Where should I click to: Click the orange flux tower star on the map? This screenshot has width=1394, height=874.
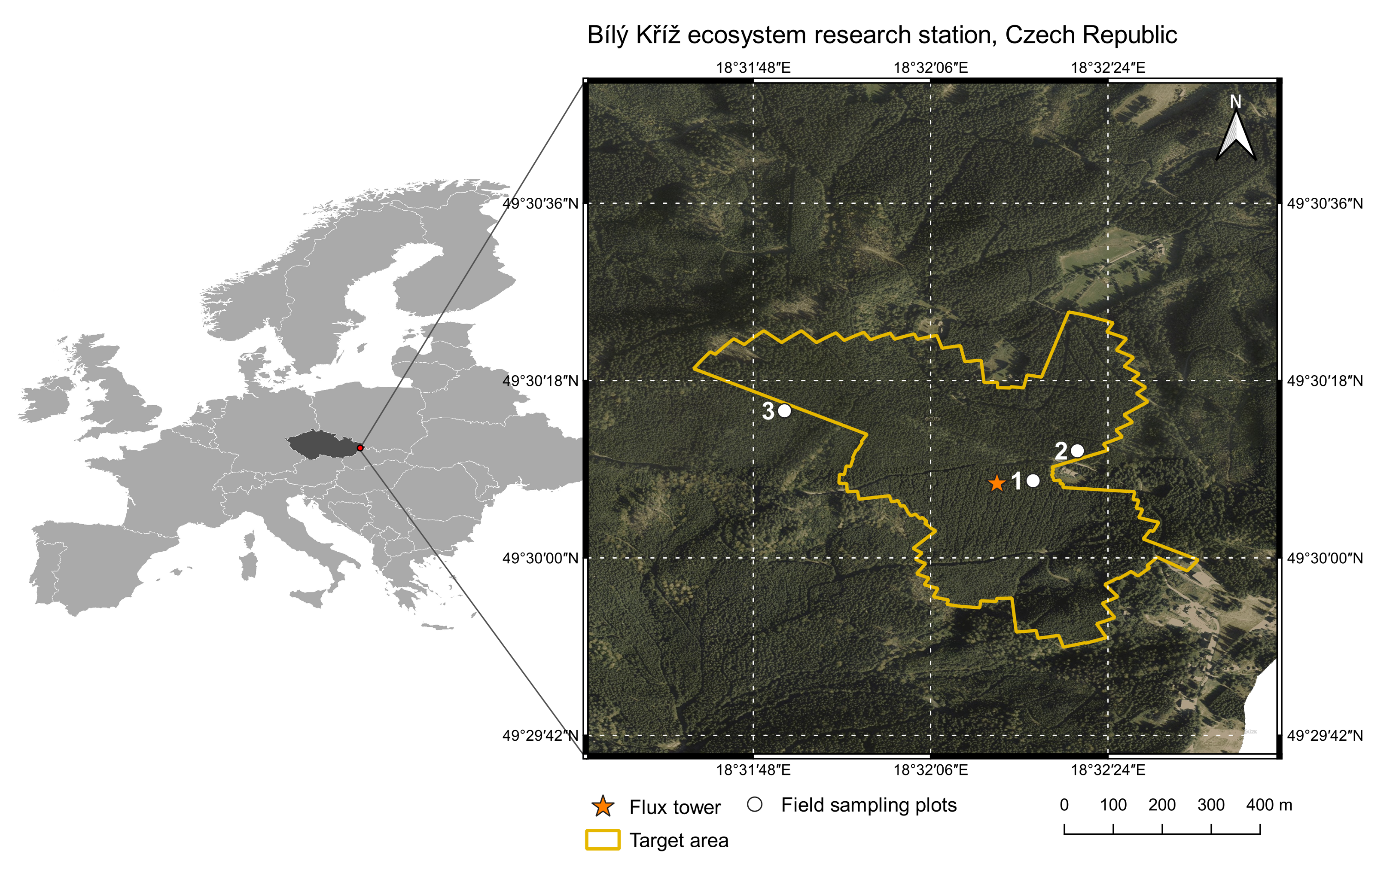point(996,483)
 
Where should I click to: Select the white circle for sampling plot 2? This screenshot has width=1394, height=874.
point(1077,450)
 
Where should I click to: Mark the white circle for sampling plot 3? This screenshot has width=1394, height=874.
point(784,410)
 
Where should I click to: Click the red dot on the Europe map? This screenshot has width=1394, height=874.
point(360,448)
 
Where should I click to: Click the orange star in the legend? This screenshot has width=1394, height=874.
point(603,806)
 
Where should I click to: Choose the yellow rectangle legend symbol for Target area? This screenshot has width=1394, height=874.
point(603,840)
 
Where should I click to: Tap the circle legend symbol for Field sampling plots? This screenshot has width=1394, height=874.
point(754,805)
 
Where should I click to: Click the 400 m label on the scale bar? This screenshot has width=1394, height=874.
point(1269,805)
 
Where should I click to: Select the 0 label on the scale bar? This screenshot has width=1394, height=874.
point(1064,805)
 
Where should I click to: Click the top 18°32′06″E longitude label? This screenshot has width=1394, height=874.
point(931,68)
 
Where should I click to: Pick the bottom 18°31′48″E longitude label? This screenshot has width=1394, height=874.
point(753,769)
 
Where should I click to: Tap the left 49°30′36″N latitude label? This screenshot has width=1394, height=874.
point(540,203)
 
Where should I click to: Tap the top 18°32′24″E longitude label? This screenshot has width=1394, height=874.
point(1108,68)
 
